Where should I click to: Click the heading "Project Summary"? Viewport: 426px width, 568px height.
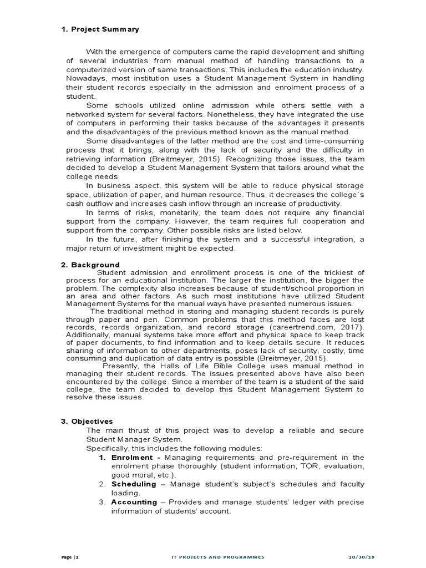click(105, 29)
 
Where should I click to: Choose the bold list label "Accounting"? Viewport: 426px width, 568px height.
click(134, 502)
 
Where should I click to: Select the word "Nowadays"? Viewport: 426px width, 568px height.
click(84, 79)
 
